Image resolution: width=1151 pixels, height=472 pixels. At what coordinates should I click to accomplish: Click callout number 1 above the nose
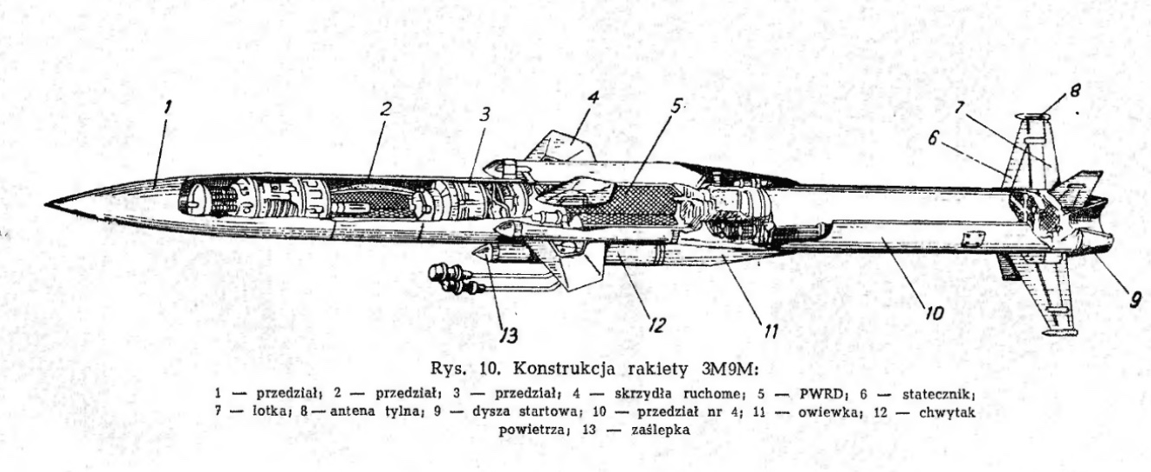pyautogui.click(x=167, y=108)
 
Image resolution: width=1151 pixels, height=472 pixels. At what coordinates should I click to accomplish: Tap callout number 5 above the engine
pyautogui.click(x=675, y=107)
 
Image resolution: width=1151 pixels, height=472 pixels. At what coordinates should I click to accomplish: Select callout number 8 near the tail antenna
pyautogui.click(x=1074, y=91)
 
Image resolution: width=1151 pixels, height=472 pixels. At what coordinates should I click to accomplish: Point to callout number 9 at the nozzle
pyautogui.click(x=1135, y=300)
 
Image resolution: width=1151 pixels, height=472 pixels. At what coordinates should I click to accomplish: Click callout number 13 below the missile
pyautogui.click(x=508, y=335)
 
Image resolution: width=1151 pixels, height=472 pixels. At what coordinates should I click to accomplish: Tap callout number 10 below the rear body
pyautogui.click(x=934, y=313)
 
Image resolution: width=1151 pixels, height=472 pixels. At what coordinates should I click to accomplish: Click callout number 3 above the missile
pyautogui.click(x=484, y=114)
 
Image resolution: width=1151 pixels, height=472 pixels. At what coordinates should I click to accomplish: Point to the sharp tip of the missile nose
pyautogui.click(x=45, y=205)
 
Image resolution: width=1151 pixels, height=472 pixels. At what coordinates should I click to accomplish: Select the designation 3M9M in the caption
pyautogui.click(x=724, y=369)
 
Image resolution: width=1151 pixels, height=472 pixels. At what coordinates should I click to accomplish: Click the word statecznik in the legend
pyautogui.click(x=937, y=394)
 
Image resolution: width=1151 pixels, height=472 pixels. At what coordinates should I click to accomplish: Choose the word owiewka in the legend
pyautogui.click(x=829, y=411)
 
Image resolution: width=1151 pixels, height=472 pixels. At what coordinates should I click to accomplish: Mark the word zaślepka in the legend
pyautogui.click(x=661, y=430)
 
